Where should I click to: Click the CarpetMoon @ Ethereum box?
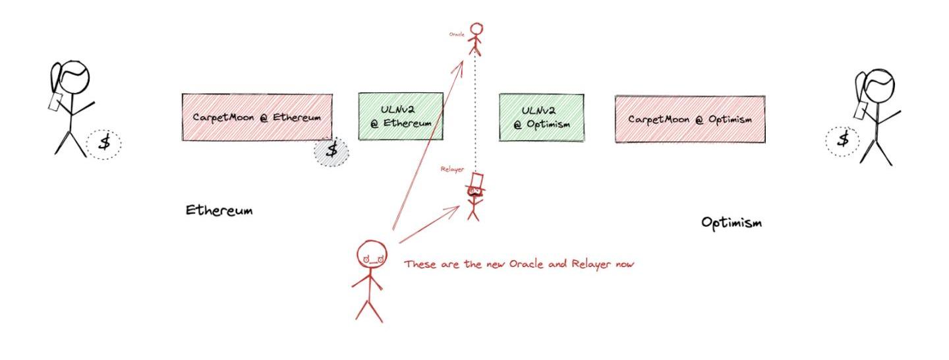[x=256, y=117]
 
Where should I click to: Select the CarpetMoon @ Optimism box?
[x=689, y=119]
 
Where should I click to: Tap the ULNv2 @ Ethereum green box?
[x=400, y=116]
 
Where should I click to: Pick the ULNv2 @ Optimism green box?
[x=540, y=117]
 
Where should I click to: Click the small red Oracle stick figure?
[x=475, y=39]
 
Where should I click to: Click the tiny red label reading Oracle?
[x=456, y=34]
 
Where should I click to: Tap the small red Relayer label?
[x=452, y=169]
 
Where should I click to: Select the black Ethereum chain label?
[x=219, y=211]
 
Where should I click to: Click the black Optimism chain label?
[x=731, y=223]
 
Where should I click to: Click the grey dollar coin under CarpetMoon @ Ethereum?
[x=331, y=151]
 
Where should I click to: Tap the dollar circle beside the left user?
[x=104, y=143]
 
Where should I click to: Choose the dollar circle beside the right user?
[x=842, y=140]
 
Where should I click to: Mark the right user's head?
[x=879, y=84]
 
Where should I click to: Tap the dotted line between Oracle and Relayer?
[x=475, y=112]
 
